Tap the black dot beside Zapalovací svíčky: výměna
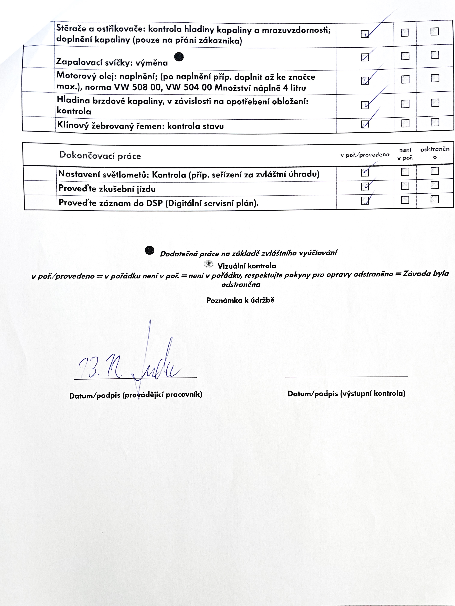pyautogui.click(x=179, y=57)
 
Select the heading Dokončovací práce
pyautogui.click(x=100, y=155)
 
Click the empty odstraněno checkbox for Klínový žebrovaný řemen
pyautogui.click(x=435, y=122)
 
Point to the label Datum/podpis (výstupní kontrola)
pyautogui.click(x=346, y=394)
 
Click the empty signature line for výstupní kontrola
pyautogui.click(x=346, y=377)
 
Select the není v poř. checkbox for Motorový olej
pyautogui.click(x=405, y=80)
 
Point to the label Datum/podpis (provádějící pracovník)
pyautogui.click(x=135, y=395)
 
